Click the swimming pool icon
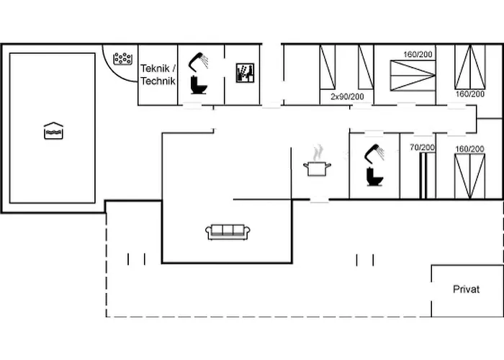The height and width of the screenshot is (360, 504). [53, 130]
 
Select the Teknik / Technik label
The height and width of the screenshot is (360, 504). [158, 74]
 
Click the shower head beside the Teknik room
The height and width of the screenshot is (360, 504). [198, 62]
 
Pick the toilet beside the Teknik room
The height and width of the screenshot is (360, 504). [198, 86]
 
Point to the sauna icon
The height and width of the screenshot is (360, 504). [246, 72]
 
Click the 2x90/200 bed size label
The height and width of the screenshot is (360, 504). [347, 96]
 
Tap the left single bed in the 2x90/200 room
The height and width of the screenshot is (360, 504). [328, 67]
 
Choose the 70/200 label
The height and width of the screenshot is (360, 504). [422, 148]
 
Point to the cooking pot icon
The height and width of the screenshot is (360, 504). [317, 168]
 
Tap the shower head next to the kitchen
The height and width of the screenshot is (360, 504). [374, 153]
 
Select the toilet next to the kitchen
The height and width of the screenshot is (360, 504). [374, 176]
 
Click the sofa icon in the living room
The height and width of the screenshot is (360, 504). [228, 231]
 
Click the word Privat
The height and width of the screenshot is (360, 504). [466, 289]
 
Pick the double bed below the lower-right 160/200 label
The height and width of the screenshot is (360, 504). [469, 175]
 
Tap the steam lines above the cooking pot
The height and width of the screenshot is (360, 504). [317, 153]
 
